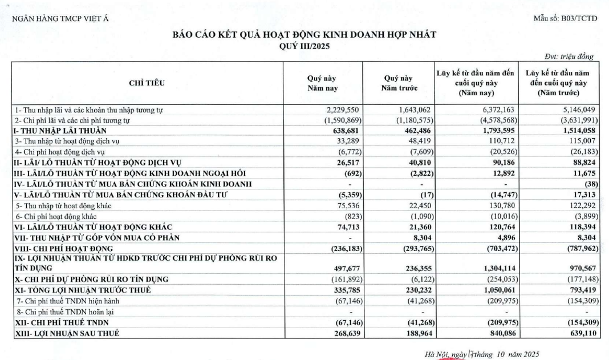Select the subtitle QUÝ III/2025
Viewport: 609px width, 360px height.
pos(304,46)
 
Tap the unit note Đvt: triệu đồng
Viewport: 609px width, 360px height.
pos(569,56)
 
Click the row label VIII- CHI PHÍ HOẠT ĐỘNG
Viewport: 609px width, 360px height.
pos(64,249)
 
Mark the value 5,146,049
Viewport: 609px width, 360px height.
pos(578,109)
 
